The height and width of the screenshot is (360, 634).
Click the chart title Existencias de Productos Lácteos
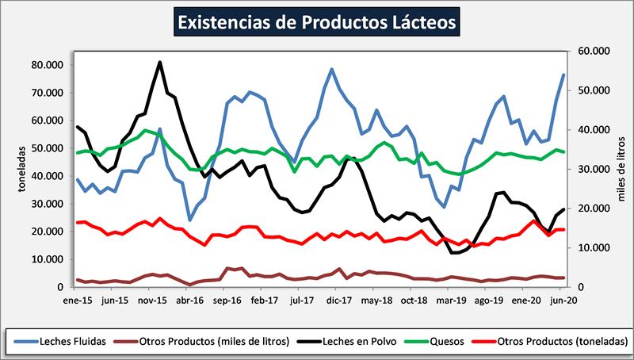317,21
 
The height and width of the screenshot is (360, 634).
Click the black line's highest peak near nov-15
160,62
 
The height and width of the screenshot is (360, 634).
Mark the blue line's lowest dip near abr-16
190,220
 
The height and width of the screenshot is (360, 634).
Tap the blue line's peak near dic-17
331,69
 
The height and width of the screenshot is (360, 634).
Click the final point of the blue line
563,75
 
